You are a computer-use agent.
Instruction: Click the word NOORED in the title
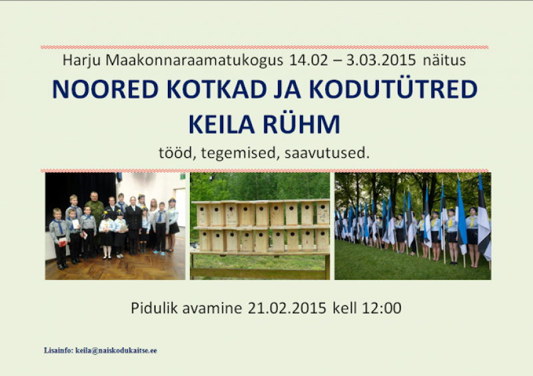pos(105,89)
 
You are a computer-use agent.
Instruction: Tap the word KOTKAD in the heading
pos(217,89)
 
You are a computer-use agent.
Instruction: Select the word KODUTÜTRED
pos(393,89)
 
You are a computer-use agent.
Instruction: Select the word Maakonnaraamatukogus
pos(194,61)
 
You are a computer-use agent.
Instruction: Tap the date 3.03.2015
pos(381,60)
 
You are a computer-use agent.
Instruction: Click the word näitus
pos(444,60)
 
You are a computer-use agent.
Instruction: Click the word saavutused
pos(327,153)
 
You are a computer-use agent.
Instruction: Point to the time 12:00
pos(382,308)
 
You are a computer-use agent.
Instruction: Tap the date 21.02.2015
pos(287,308)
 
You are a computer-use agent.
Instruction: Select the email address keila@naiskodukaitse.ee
pos(116,351)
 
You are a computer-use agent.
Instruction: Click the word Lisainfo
pos(59,351)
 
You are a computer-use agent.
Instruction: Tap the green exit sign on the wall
pos(183,176)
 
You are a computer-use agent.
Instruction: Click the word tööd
pos(177,153)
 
